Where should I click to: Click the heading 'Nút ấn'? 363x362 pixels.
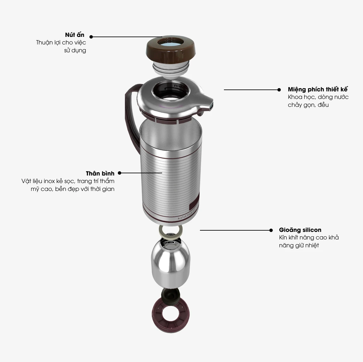(74, 35)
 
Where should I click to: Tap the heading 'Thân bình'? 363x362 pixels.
(100, 173)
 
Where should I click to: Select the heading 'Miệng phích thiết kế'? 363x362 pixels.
(318, 89)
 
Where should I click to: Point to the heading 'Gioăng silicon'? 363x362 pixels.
(300, 230)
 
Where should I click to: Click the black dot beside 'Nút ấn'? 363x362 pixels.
(91, 37)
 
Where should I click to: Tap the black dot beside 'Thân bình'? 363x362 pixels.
(120, 173)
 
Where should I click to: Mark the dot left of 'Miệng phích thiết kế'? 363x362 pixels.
(279, 90)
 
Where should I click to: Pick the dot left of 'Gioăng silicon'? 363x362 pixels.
(271, 230)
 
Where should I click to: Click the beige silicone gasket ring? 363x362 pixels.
(171, 231)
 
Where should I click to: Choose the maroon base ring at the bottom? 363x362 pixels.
(171, 315)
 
